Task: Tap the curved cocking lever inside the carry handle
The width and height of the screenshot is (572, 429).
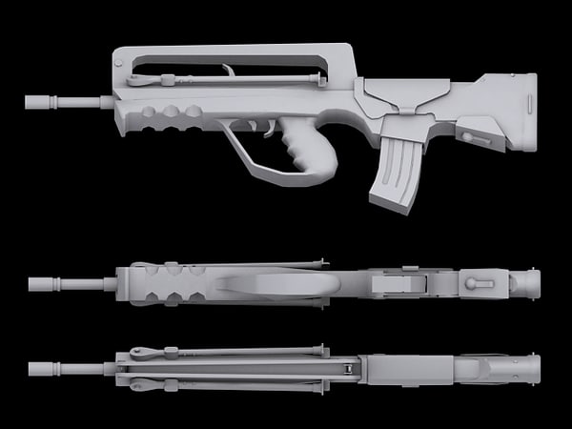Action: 229,72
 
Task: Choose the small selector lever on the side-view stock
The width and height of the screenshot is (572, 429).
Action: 474,137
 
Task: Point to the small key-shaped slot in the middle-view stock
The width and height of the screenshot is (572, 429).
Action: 480,283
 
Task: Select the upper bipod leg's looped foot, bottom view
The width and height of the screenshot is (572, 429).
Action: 143,353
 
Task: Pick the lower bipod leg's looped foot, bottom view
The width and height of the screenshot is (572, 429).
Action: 143,384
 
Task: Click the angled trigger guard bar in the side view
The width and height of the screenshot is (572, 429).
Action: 244,153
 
